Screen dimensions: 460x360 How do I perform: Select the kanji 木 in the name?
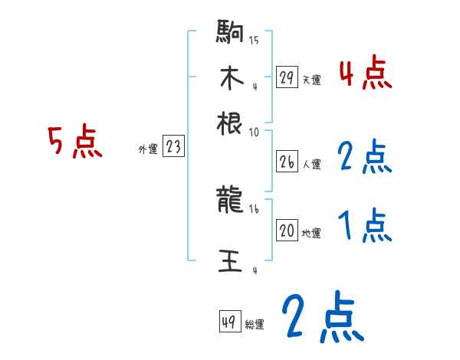[230, 77]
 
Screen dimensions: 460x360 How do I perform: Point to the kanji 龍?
[230, 201]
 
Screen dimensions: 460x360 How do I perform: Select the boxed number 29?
[287, 77]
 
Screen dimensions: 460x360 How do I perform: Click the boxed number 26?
[287, 162]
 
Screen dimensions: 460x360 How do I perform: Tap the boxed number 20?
[287, 231]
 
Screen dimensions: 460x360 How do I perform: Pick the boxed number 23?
[173, 147]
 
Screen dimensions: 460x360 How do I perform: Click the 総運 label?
[255, 324]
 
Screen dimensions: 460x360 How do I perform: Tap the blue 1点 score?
[365, 227]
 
